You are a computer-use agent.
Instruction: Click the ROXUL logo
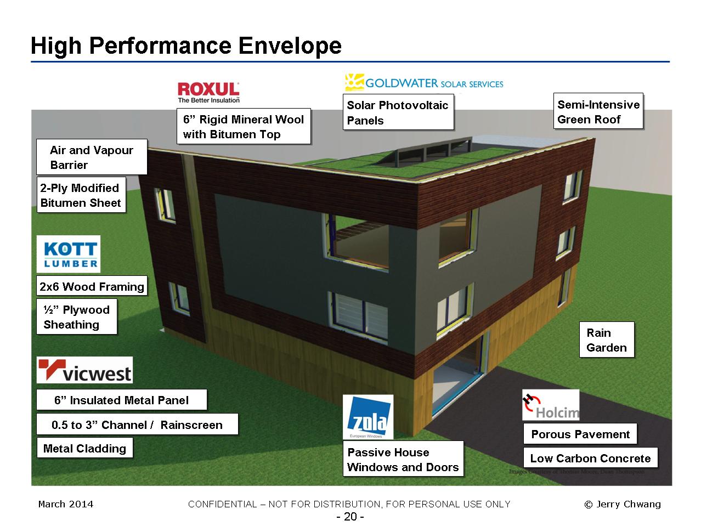(208, 92)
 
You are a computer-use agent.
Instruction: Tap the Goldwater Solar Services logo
(423, 83)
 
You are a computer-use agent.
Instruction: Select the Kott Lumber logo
(69, 254)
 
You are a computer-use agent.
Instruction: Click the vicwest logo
(84, 370)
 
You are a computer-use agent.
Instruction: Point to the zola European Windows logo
(368, 416)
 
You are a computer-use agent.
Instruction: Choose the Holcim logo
(550, 405)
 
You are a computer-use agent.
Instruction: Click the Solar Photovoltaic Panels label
(398, 113)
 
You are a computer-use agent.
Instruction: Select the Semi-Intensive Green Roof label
(598, 112)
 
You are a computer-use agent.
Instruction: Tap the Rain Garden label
(606, 340)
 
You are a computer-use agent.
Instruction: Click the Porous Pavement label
(580, 434)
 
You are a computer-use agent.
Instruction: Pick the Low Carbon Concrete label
(590, 459)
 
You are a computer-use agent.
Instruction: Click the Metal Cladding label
(84, 449)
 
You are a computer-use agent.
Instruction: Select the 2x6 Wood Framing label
(92, 286)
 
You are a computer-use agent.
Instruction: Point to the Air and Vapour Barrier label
(92, 157)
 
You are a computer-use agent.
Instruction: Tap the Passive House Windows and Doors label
(403, 460)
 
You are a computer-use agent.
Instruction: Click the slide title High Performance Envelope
(186, 46)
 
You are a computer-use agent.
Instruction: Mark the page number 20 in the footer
(350, 517)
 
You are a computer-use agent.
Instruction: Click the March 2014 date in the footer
(66, 504)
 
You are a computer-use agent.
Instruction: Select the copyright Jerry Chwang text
(622, 504)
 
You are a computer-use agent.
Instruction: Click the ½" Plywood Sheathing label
(77, 317)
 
